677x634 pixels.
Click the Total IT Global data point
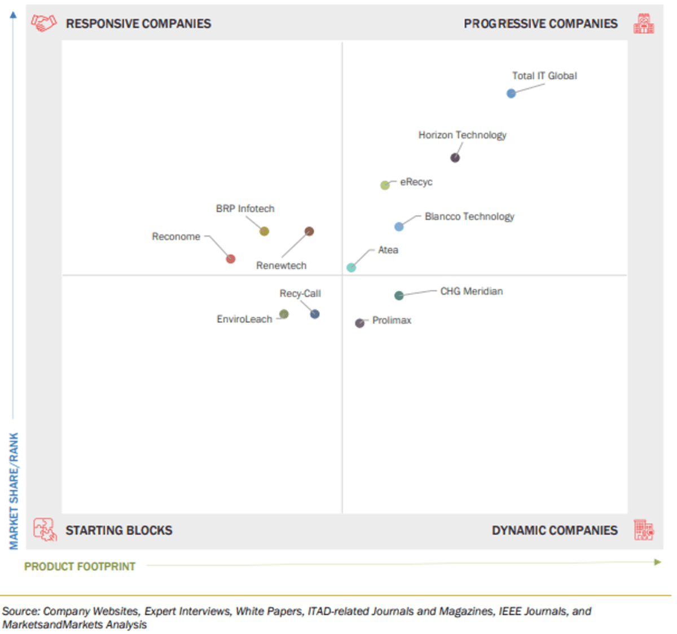(x=511, y=94)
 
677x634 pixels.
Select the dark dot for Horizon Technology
(x=455, y=158)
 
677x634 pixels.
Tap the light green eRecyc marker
(x=385, y=185)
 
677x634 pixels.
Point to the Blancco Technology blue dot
(x=399, y=227)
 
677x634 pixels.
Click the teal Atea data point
(x=351, y=268)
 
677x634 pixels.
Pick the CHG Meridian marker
(x=399, y=295)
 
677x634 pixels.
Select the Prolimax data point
(x=359, y=323)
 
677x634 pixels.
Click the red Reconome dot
(x=230, y=259)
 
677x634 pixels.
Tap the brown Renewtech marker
(x=309, y=231)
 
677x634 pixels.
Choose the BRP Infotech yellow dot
(x=264, y=231)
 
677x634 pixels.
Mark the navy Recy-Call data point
(x=315, y=314)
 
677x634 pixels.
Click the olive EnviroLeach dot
(x=284, y=314)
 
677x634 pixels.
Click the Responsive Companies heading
(x=138, y=24)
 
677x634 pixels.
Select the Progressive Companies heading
(x=540, y=24)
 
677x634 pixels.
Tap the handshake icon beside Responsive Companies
(x=43, y=23)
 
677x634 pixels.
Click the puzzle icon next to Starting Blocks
(x=45, y=530)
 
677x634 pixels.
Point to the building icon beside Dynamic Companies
(x=643, y=530)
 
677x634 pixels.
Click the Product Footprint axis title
(x=80, y=566)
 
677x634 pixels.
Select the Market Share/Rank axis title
(x=14, y=490)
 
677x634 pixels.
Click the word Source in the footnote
(x=20, y=611)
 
